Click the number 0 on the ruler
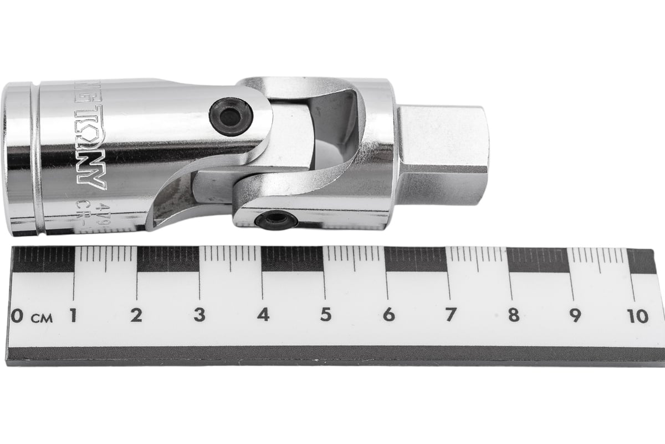click(17, 316)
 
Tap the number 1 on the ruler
click(73, 315)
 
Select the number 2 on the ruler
click(136, 315)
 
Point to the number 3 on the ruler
click(199, 315)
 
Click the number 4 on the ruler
click(263, 315)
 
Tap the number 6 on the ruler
click(389, 315)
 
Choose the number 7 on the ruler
click(452, 315)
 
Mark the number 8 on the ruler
click(514, 315)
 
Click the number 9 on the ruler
click(576, 315)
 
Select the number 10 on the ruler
click(638, 316)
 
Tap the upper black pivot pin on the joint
click(231, 117)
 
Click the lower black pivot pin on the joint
click(275, 220)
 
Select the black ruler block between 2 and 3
click(168, 259)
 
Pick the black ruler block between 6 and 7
click(416, 259)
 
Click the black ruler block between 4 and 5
click(292, 259)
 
